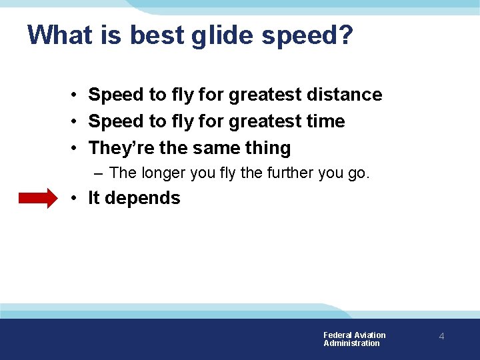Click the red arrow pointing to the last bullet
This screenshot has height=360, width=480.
[x=38, y=199]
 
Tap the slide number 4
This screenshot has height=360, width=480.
[x=441, y=337]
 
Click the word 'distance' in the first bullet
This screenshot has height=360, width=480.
[x=344, y=95]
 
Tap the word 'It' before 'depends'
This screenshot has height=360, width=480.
[x=94, y=198]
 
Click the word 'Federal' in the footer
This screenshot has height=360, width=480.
[x=337, y=335]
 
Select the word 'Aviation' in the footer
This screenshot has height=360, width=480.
[x=370, y=335]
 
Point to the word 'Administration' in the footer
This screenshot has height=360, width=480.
[x=351, y=343]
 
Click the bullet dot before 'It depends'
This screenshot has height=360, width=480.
[x=78, y=199]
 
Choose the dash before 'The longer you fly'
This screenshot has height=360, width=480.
[x=99, y=173]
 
